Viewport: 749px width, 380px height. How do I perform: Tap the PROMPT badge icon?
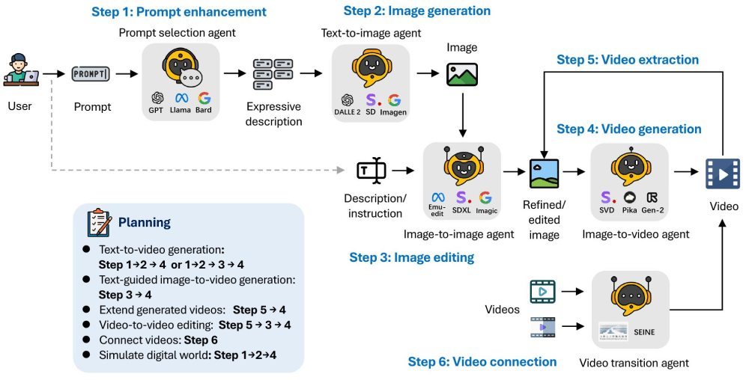[x=91, y=73]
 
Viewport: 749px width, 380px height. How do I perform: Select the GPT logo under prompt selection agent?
[x=157, y=98]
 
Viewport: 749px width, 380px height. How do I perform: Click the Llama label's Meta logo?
[x=181, y=98]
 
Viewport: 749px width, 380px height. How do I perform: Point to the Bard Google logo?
[x=204, y=98]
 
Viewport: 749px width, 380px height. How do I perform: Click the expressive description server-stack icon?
[x=272, y=74]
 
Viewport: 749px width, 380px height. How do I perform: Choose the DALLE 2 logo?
[x=347, y=99]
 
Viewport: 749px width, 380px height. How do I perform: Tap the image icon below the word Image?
[x=462, y=74]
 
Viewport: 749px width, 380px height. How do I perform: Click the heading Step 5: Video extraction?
[x=628, y=60]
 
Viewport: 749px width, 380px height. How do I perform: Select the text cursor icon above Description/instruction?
[x=371, y=171]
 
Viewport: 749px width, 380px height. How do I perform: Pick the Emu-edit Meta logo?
[x=438, y=198]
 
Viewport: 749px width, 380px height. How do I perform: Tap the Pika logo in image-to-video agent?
[x=629, y=197]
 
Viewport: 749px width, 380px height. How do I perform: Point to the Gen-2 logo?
[x=653, y=197]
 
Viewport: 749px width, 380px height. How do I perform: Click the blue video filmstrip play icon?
[x=722, y=173]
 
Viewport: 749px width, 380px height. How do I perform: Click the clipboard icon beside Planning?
[x=99, y=222]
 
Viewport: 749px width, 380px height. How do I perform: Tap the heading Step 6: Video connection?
[x=482, y=362]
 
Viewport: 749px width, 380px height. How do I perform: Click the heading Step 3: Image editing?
[x=411, y=257]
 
